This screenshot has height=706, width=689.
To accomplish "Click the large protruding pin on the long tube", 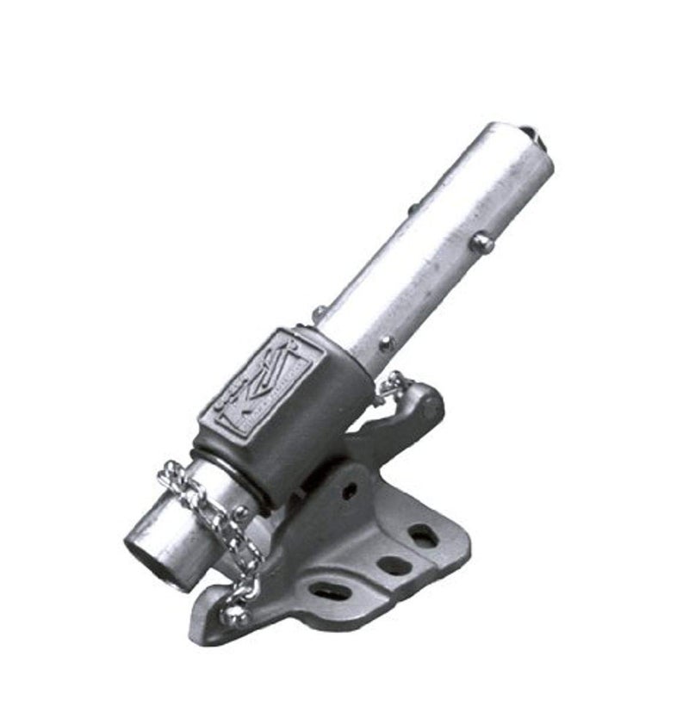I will [481, 244].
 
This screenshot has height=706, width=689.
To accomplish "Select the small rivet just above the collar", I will [320, 313].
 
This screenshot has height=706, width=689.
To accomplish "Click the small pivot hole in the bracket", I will [349, 492].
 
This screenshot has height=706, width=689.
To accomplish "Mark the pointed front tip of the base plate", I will [200, 624].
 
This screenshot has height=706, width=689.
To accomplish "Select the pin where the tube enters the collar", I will [386, 344].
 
